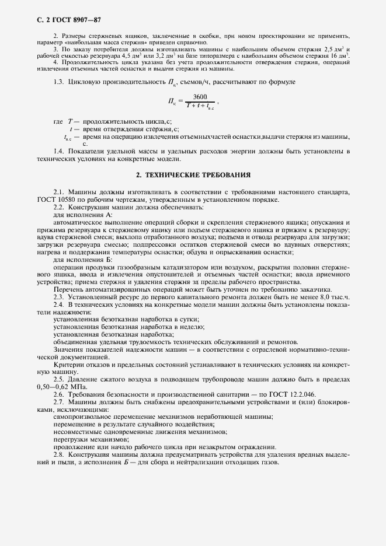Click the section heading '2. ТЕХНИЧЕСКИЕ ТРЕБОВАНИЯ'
pos(193,174)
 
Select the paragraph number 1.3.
pos(58,82)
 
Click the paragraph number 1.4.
pos(58,151)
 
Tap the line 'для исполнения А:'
pos(78,215)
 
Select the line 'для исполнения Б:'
pos(78,260)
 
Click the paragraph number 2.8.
pos(58,454)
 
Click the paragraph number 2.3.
pos(58,297)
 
